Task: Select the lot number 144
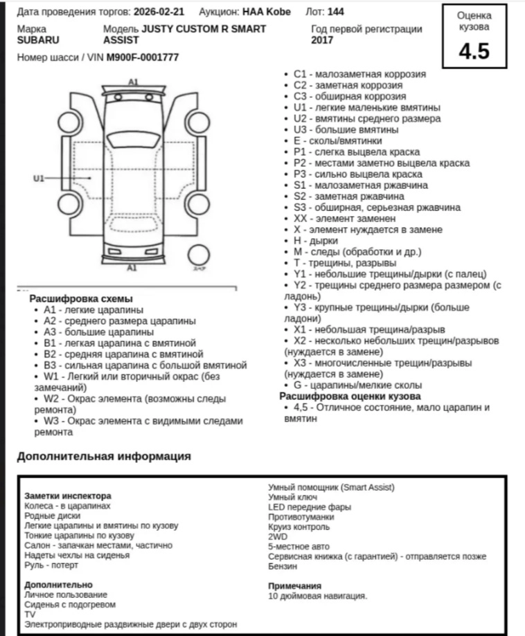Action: [336, 12]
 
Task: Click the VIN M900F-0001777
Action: [143, 57]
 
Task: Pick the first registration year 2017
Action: [323, 40]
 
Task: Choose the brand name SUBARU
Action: [38, 40]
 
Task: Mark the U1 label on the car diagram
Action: [39, 179]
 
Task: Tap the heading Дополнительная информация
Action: [104, 456]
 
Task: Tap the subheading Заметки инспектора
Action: [67, 496]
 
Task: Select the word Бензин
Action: [283, 566]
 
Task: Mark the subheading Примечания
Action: [294, 585]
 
